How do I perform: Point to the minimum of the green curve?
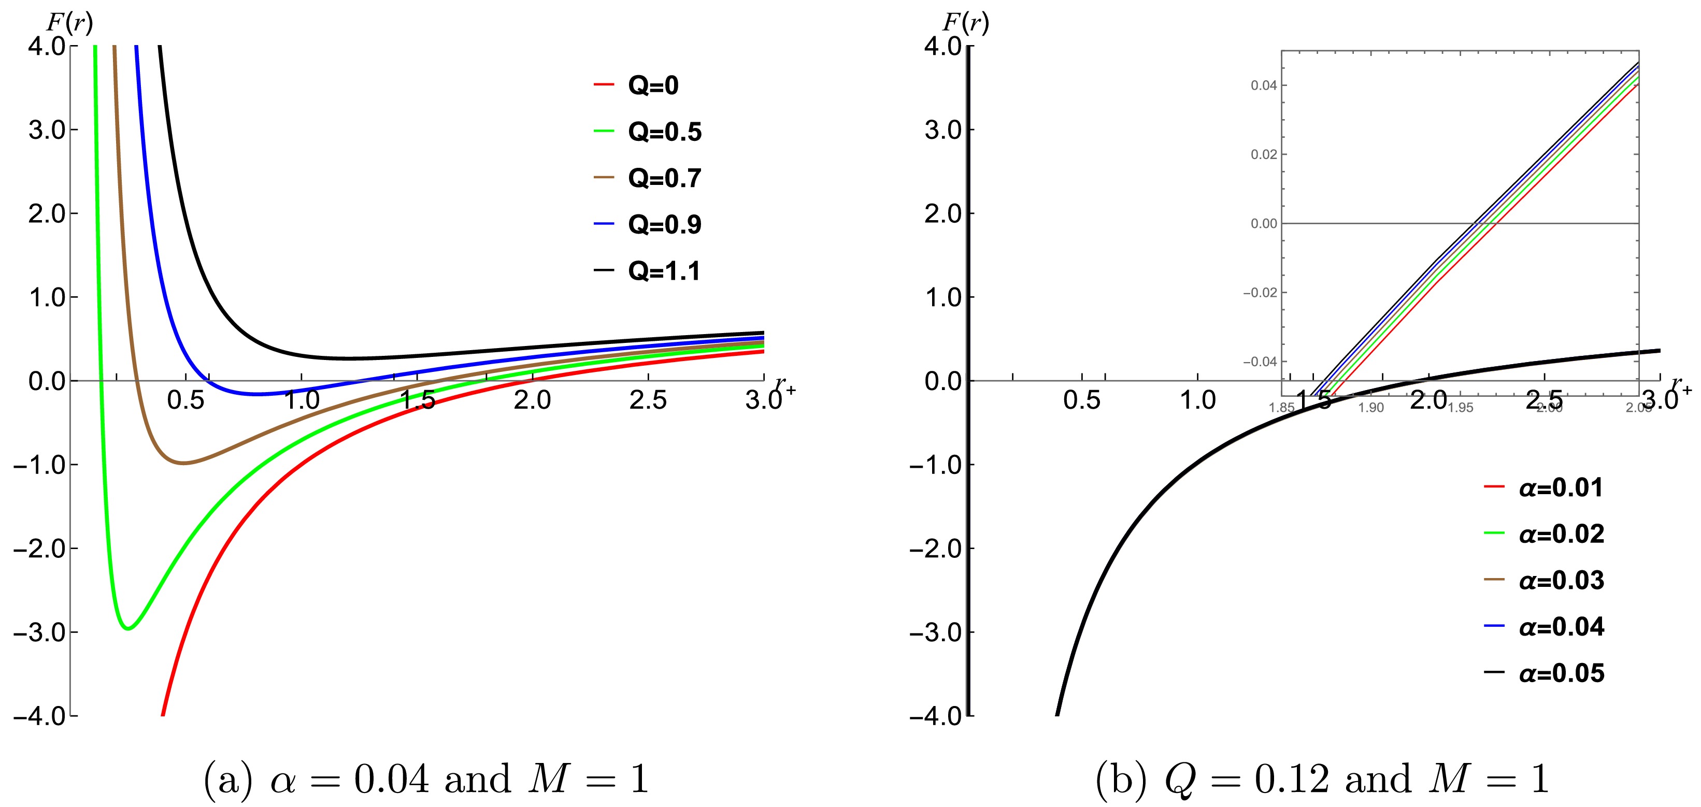(128, 628)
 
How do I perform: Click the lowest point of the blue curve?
(258, 394)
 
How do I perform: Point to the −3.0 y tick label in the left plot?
(39, 632)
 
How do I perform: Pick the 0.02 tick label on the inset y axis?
(1263, 154)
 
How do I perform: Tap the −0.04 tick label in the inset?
(1260, 362)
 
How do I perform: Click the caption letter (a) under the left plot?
(228, 779)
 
